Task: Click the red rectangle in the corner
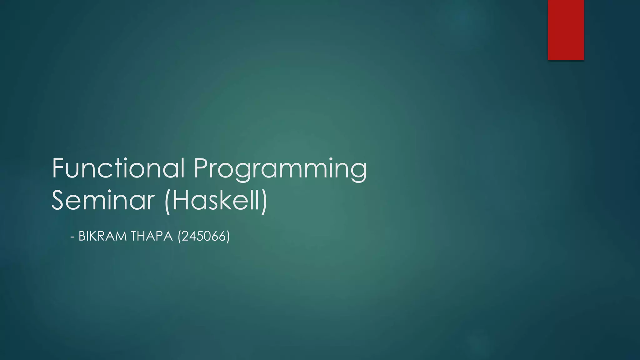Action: point(566,30)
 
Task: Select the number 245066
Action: point(204,236)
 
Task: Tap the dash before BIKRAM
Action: point(72,237)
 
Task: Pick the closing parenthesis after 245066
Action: point(228,237)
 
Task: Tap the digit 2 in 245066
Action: point(185,236)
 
